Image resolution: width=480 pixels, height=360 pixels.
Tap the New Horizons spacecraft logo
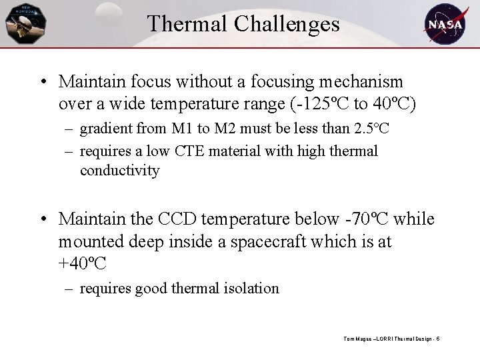click(25, 23)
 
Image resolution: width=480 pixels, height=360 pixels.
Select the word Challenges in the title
click(287, 25)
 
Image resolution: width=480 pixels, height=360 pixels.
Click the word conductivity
click(120, 171)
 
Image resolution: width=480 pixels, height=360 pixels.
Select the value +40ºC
click(82, 264)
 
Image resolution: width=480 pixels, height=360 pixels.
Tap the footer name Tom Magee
click(357, 339)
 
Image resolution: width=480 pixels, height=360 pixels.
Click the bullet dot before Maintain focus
click(42, 83)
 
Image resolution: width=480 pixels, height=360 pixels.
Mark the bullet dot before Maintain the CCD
click(42, 219)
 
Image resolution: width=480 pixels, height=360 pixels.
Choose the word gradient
click(103, 128)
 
